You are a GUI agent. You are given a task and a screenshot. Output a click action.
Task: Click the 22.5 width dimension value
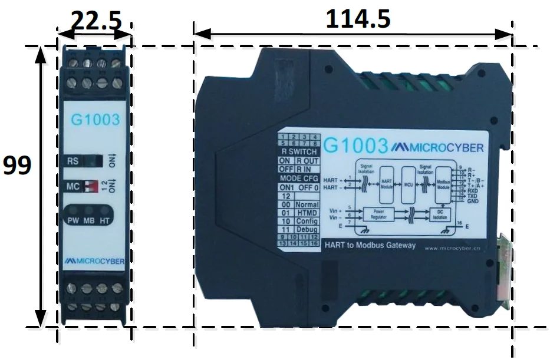[x=96, y=21]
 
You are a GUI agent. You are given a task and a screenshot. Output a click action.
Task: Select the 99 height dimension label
[x=17, y=166]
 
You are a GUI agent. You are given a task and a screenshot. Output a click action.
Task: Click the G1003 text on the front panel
[x=95, y=120]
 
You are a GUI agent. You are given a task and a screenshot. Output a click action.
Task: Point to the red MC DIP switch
[x=90, y=187]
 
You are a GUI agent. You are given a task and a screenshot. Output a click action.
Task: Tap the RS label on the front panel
[x=73, y=160]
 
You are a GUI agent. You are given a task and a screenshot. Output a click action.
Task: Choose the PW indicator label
[x=74, y=221]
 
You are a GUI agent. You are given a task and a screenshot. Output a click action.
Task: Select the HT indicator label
[x=104, y=221]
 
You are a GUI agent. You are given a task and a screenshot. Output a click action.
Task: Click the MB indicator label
[x=88, y=221]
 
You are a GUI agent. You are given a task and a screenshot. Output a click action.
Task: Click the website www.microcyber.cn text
[x=453, y=248]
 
